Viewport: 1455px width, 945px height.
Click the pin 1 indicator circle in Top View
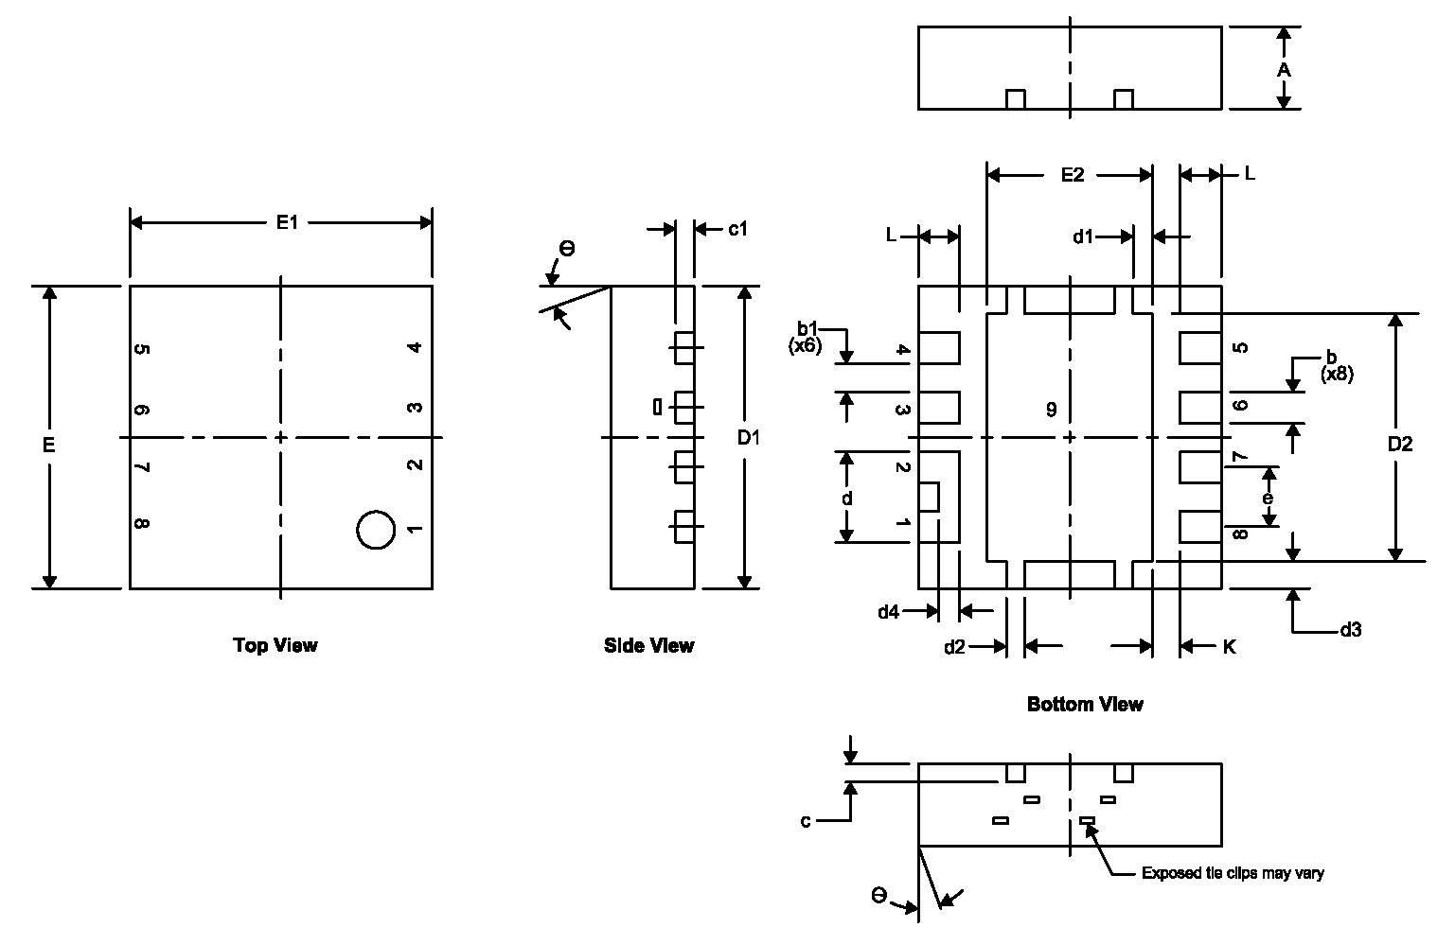pyautogui.click(x=376, y=530)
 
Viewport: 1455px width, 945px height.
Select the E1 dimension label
pyautogui.click(x=287, y=222)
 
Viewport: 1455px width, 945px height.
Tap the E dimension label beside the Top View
pyautogui.click(x=49, y=444)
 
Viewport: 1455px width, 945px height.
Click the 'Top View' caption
pyautogui.click(x=275, y=645)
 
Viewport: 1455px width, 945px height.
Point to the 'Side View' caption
pyautogui.click(x=648, y=645)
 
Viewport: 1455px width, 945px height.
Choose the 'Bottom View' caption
pyautogui.click(x=1085, y=704)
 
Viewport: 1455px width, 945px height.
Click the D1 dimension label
pyautogui.click(x=749, y=438)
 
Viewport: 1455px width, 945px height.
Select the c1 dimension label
pyautogui.click(x=737, y=229)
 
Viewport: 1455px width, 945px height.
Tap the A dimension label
pyautogui.click(x=1284, y=70)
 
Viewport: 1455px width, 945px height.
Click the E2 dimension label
pyautogui.click(x=1072, y=175)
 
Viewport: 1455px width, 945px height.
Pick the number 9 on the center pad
pyautogui.click(x=1051, y=410)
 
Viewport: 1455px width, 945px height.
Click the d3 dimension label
pyautogui.click(x=1351, y=630)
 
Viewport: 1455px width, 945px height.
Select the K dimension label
pyautogui.click(x=1229, y=647)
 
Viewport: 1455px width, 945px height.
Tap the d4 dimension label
pyautogui.click(x=887, y=612)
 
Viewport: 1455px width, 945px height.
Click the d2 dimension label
pyautogui.click(x=954, y=647)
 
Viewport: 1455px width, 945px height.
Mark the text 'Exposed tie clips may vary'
pyautogui.click(x=1233, y=873)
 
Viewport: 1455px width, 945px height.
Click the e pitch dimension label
pyautogui.click(x=1268, y=498)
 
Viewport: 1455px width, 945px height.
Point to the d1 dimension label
pyautogui.click(x=1083, y=236)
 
